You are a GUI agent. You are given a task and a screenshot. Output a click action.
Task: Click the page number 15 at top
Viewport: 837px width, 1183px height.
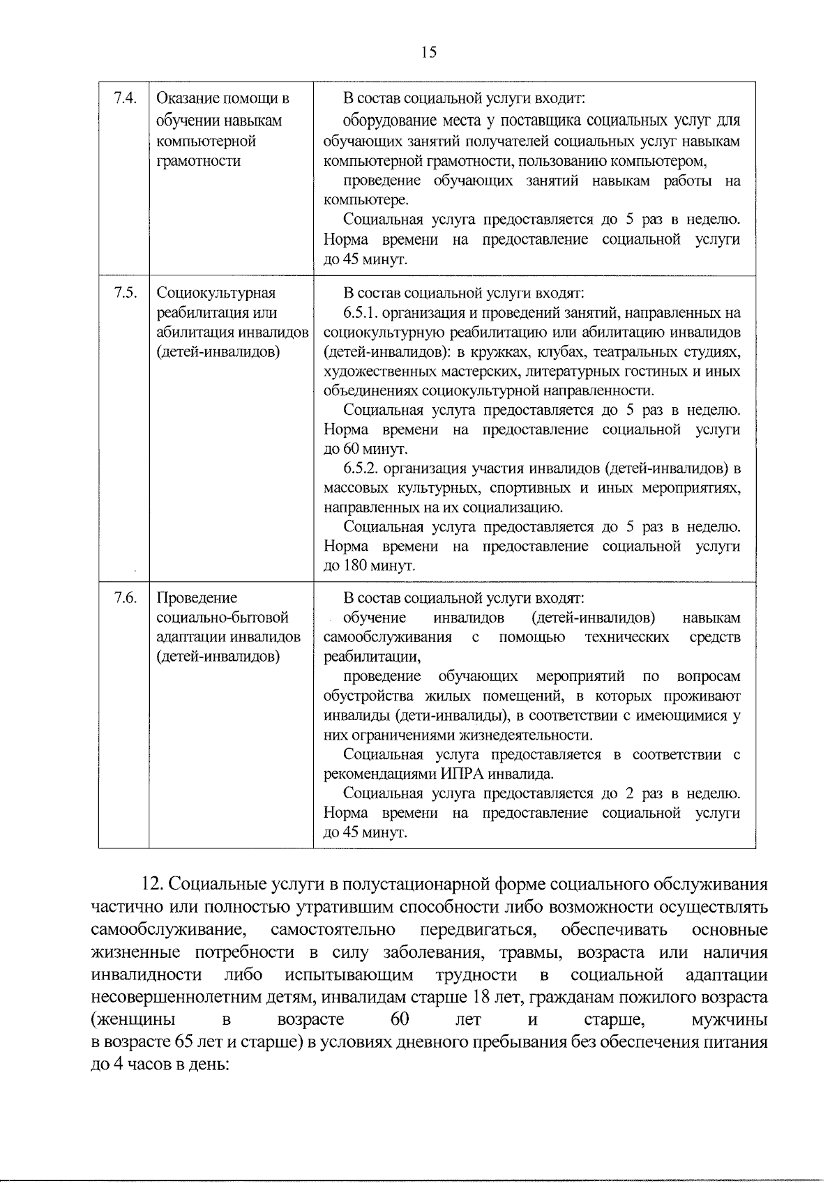(x=428, y=52)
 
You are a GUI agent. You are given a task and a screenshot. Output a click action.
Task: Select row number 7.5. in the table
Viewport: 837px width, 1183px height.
(x=123, y=292)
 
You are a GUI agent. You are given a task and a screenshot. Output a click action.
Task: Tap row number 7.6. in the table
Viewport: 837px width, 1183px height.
(x=123, y=597)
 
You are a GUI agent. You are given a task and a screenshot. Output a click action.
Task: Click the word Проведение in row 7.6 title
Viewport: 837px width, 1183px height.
(x=197, y=598)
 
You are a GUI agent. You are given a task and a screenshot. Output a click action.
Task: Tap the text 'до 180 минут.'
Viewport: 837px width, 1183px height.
(x=370, y=565)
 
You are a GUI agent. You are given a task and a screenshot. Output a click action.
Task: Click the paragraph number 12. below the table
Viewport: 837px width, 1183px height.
(x=153, y=885)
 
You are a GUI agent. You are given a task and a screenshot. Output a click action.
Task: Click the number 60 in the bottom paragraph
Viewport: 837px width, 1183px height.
(x=400, y=1020)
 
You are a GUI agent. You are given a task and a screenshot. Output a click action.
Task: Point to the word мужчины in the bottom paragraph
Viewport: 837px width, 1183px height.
(x=729, y=1020)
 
